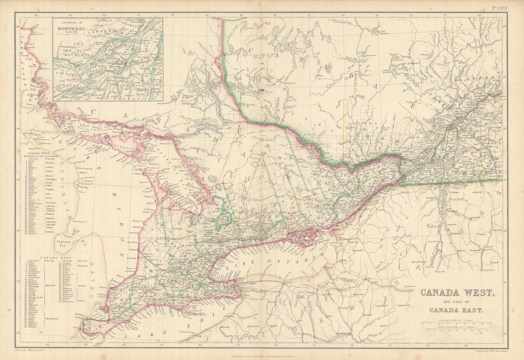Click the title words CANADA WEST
tap(457, 292)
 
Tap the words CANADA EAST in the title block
tap(456, 310)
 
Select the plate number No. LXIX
tap(500, 9)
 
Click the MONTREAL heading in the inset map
tap(72, 29)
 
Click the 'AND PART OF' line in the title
tap(456, 302)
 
